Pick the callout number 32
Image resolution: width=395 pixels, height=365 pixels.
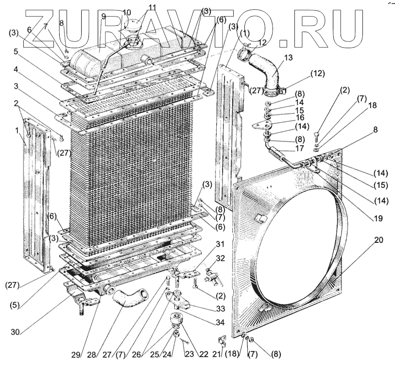click(x=220, y=258)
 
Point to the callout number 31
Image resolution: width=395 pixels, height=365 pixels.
click(x=220, y=244)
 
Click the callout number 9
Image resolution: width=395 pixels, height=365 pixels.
click(x=103, y=16)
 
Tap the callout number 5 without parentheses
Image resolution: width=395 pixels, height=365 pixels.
click(x=16, y=51)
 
